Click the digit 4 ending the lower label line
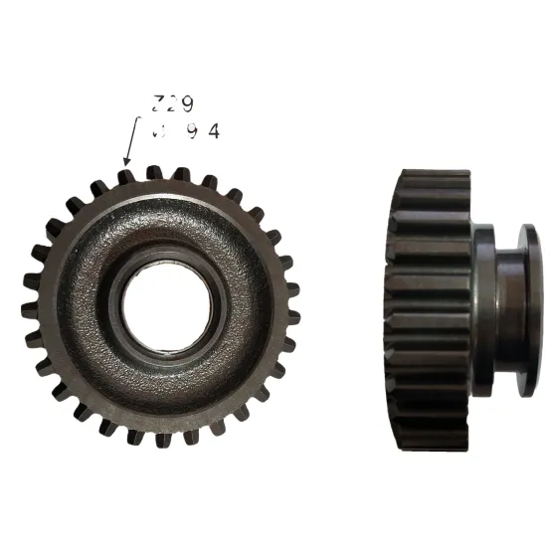click(x=213, y=130)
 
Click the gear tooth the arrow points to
click(x=125, y=176)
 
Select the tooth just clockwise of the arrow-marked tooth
click(x=153, y=172)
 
